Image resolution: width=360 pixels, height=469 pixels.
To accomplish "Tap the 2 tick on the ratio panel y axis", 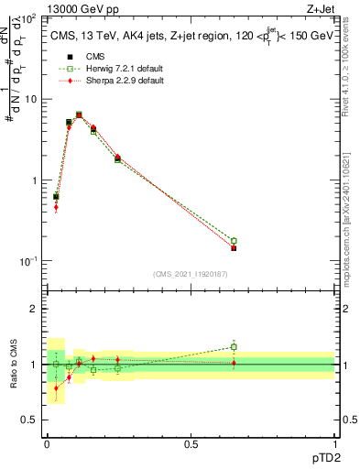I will point(37,310).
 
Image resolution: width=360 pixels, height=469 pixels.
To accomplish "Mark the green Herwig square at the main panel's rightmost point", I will point(234,241).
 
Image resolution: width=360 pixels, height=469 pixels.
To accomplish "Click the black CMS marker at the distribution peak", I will point(79,115).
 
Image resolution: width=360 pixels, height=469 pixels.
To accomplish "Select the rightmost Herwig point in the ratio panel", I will point(234,346).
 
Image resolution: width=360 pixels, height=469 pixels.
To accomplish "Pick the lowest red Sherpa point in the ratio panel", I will point(56,388).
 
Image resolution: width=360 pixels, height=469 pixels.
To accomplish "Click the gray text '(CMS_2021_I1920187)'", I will point(191,274).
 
